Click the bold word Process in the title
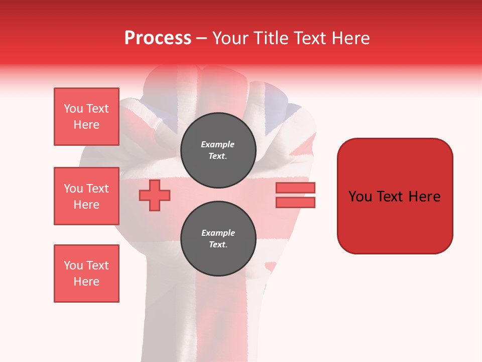158,38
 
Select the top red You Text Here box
86,117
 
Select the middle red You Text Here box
86,196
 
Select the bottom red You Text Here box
86,274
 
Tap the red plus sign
155,195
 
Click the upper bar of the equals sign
295,188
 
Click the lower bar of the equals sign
295,202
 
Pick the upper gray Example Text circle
218,150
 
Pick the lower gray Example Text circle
218,239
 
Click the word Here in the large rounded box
424,197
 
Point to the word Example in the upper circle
218,144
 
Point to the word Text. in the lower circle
218,245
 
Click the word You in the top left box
73,109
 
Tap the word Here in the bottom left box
86,282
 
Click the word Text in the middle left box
97,189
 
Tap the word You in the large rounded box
360,197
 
